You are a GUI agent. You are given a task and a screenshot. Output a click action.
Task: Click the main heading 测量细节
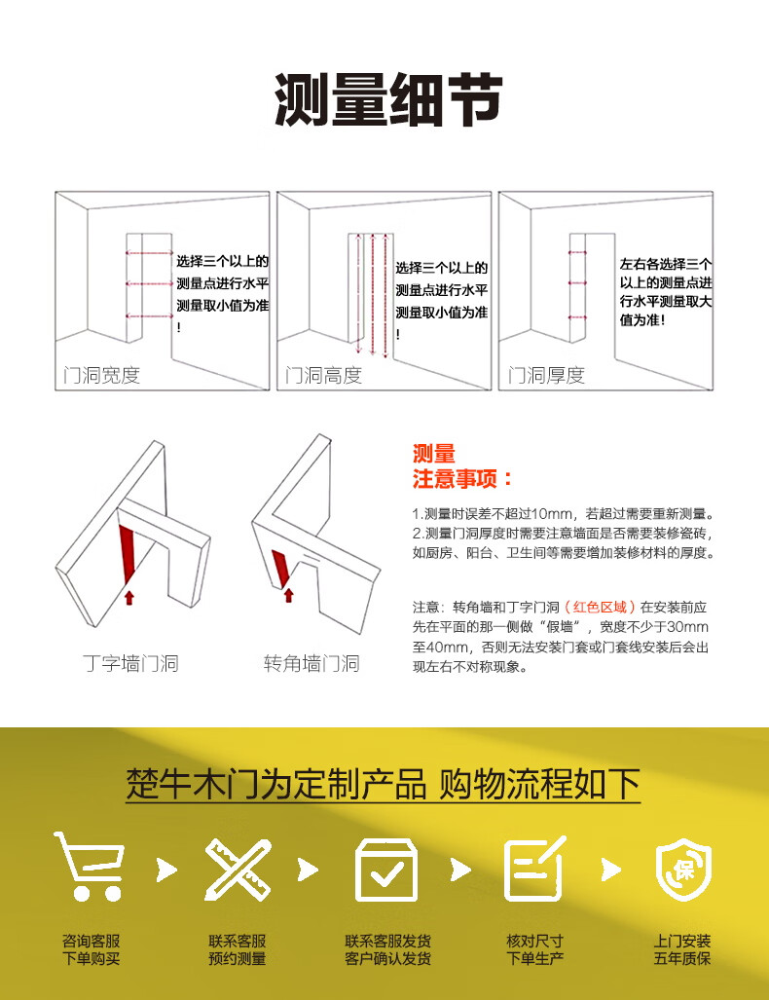click(x=388, y=99)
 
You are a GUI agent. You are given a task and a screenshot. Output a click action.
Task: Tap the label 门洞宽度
click(x=101, y=375)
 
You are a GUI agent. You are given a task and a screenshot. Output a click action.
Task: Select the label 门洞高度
click(x=323, y=375)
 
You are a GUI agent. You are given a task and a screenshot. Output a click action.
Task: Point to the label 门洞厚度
click(x=546, y=375)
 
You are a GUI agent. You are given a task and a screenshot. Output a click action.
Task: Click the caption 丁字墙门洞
click(x=130, y=663)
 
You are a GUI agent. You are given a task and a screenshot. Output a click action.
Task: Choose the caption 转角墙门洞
click(x=311, y=663)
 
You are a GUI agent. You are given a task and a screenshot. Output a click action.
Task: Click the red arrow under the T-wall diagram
click(x=129, y=598)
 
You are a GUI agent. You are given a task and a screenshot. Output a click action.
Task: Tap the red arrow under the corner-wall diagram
click(x=289, y=595)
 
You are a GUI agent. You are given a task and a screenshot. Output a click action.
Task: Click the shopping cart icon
click(x=90, y=866)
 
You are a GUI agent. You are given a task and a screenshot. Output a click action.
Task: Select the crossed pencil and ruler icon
click(x=238, y=870)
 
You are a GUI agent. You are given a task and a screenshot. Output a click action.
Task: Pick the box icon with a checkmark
click(x=385, y=870)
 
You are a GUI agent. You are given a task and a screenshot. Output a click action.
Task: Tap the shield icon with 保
click(x=683, y=869)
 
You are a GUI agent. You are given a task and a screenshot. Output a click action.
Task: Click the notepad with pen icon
click(x=534, y=868)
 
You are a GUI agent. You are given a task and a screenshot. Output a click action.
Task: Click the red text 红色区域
click(x=600, y=607)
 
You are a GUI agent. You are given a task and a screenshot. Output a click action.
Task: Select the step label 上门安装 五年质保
click(x=682, y=949)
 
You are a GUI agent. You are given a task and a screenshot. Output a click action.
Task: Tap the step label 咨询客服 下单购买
click(x=92, y=949)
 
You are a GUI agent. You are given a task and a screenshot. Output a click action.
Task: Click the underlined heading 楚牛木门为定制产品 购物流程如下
click(x=384, y=784)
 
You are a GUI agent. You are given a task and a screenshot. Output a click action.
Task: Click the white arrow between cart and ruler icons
click(x=167, y=870)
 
